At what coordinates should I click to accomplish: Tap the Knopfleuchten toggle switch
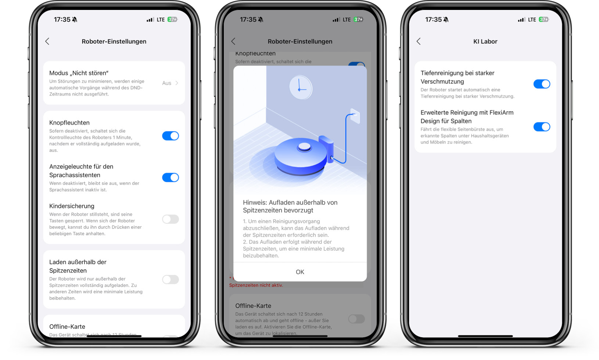click(171, 136)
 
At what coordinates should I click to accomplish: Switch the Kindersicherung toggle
click(171, 219)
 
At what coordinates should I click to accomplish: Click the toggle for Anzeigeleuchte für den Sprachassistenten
click(171, 177)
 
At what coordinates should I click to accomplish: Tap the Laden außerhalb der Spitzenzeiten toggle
click(171, 280)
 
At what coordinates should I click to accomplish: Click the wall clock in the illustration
click(300, 88)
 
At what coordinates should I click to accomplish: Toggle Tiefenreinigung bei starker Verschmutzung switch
click(542, 84)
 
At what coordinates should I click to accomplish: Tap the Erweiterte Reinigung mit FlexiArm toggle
click(542, 127)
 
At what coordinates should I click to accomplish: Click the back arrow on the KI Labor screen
click(419, 42)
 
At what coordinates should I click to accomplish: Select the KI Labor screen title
click(485, 42)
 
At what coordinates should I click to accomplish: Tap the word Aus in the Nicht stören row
click(167, 83)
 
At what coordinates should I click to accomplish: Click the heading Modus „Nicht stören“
click(79, 73)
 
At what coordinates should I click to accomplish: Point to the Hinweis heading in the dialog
click(290, 206)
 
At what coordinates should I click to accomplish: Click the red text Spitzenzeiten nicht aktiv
click(256, 285)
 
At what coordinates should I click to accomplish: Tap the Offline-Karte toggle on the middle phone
click(356, 319)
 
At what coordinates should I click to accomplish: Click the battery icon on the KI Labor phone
click(544, 19)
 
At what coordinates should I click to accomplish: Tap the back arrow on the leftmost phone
click(47, 42)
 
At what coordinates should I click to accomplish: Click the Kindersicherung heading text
click(72, 206)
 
